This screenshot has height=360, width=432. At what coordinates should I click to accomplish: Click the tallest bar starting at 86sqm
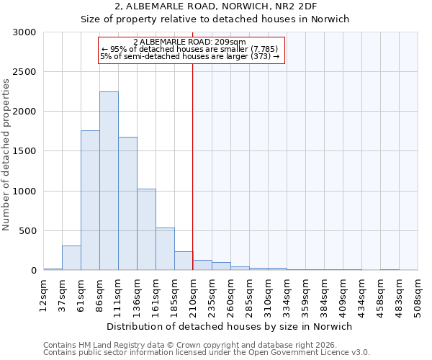(109, 181)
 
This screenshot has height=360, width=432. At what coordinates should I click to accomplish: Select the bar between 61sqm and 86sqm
(90, 200)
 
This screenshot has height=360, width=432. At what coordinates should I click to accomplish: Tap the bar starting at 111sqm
(127, 204)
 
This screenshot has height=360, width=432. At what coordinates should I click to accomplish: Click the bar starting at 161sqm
(165, 249)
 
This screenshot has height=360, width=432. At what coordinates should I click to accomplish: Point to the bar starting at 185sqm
(184, 261)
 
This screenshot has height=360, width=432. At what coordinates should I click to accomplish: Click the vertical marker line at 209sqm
(193, 158)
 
